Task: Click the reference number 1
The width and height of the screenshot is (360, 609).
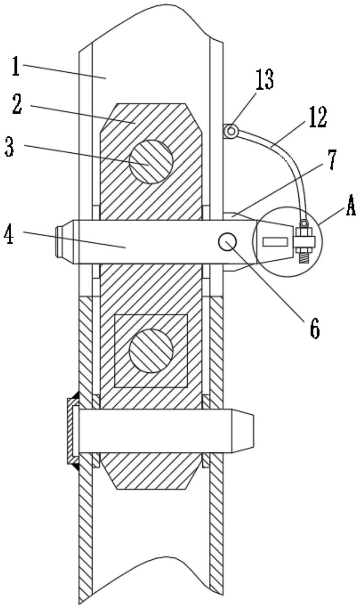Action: tap(16, 66)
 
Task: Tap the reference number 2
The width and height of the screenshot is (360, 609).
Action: tap(17, 104)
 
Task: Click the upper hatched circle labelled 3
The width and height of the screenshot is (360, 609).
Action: tap(151, 161)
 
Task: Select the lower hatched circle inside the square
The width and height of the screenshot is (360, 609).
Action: tap(151, 350)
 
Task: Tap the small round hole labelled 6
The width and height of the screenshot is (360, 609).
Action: tap(228, 241)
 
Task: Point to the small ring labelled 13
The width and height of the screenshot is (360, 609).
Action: tap(231, 131)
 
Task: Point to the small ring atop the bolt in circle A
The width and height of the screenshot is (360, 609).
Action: tap(303, 223)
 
